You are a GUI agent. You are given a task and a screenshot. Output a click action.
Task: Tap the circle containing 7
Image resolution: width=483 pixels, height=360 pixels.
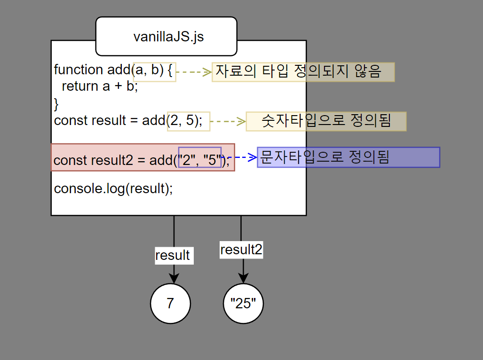click(170, 304)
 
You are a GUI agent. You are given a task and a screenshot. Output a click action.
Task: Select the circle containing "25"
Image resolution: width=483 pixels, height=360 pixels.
click(243, 304)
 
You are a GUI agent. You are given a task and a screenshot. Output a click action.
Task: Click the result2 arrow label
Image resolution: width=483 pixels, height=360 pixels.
click(241, 250)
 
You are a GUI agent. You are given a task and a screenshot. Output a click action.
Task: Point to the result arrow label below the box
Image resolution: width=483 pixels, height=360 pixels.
click(173, 255)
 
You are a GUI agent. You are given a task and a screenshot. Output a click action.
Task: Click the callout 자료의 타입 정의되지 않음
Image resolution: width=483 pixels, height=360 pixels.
click(303, 71)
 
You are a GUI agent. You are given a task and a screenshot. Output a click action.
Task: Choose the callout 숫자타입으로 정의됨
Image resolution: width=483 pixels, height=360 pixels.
click(326, 121)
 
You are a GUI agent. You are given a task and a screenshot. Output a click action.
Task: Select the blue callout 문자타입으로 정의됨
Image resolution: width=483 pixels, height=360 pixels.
click(348, 157)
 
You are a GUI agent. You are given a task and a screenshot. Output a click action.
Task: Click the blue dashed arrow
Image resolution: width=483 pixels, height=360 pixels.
click(240, 157)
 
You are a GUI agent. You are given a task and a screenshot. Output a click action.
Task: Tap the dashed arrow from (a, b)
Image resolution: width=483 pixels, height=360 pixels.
click(194, 72)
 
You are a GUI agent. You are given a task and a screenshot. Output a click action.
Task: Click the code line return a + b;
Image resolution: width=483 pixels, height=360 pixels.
click(100, 86)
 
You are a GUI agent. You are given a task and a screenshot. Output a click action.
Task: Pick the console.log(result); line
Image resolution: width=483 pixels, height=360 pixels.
click(113, 188)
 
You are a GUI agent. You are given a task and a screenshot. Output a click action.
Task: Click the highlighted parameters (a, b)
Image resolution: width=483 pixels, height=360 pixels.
click(154, 71)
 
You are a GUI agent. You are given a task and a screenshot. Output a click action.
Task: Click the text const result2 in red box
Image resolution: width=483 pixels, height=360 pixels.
click(94, 160)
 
